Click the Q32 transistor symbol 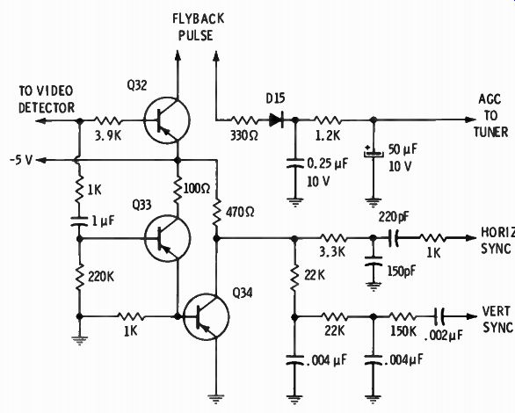click(x=167, y=120)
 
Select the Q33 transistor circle click(x=167, y=238)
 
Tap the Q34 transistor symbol click(x=206, y=317)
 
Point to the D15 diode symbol click(x=276, y=120)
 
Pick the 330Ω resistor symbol click(x=243, y=120)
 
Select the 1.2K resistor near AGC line click(x=327, y=120)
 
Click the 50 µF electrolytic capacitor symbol click(x=374, y=153)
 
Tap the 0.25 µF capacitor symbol click(x=295, y=163)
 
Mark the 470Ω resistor click(x=216, y=213)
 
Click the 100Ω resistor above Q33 click(x=178, y=189)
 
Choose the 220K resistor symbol click(x=79, y=278)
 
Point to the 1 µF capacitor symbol click(x=79, y=221)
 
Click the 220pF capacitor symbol click(x=393, y=238)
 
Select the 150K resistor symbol click(x=403, y=317)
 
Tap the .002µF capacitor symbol click(x=439, y=317)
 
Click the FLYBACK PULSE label click(x=198, y=27)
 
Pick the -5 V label click(x=21, y=161)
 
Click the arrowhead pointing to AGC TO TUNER click(x=471, y=120)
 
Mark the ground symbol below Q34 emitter click(x=216, y=399)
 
